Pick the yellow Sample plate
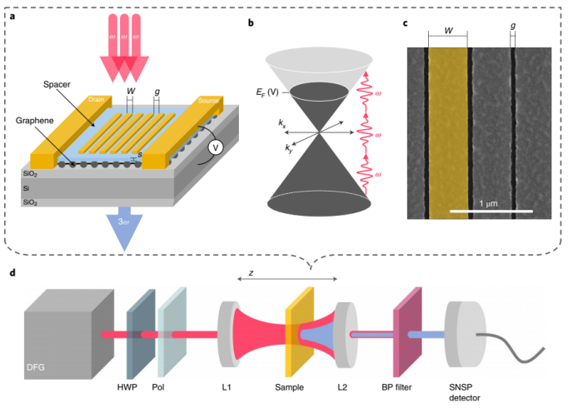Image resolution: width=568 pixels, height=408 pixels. (x=299, y=337)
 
